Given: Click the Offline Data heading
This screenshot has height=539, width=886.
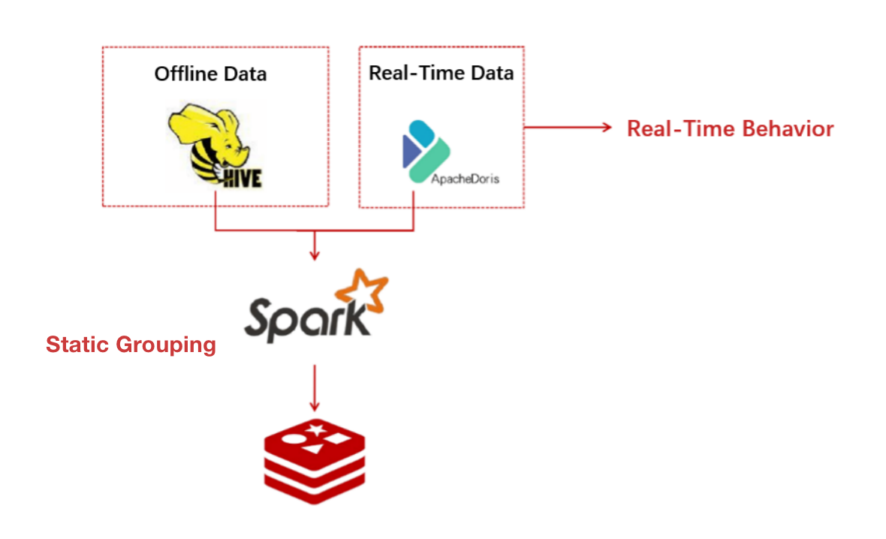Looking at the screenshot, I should tap(210, 74).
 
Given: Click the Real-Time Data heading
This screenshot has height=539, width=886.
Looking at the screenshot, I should tap(441, 73).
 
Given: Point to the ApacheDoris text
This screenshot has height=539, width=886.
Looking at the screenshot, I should tap(465, 179).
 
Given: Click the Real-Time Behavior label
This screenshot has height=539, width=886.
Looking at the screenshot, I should tap(730, 128).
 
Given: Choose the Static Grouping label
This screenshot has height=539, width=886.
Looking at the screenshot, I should tap(131, 345).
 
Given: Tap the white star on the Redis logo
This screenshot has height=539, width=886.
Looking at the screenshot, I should tap(315, 429).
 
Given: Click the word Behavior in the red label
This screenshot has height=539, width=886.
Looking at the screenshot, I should tap(788, 128).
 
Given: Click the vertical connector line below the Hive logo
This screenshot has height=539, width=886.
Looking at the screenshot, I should tap(216, 210).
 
